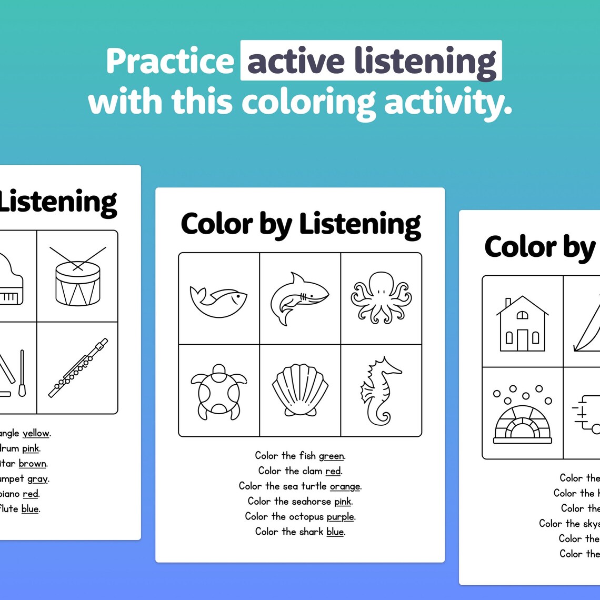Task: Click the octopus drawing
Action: (x=381, y=298)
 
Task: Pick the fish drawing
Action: (x=218, y=302)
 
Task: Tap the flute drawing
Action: (x=78, y=367)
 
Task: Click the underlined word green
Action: (x=332, y=456)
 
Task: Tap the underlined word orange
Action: (x=345, y=486)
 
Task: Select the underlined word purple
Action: (x=340, y=517)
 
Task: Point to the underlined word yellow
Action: (x=36, y=434)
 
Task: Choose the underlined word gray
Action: (x=37, y=479)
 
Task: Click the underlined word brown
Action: (x=33, y=464)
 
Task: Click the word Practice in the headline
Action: (x=169, y=62)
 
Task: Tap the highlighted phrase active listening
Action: (x=371, y=61)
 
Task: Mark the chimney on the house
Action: (x=507, y=304)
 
